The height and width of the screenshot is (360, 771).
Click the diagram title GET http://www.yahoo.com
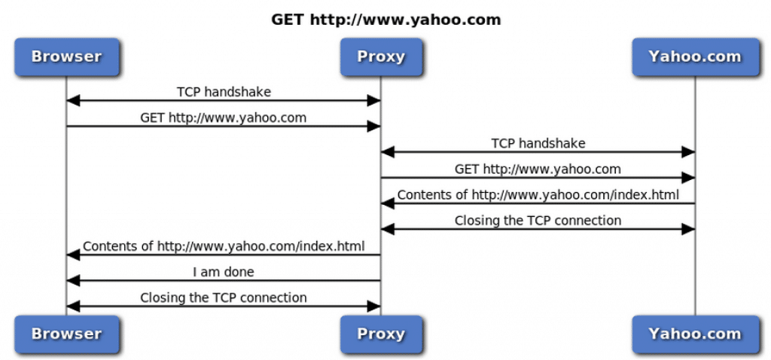click(385, 20)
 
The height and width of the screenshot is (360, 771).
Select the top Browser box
click(66, 56)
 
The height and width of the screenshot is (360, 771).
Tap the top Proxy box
click(381, 56)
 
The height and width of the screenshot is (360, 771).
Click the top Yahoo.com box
click(694, 56)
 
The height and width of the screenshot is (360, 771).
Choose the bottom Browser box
click(66, 334)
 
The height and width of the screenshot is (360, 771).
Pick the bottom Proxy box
click(381, 334)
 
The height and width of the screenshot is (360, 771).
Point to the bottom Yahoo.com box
click(694, 334)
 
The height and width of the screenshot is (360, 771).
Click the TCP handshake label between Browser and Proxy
click(224, 92)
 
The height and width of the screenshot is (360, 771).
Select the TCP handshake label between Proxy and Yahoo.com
click(538, 143)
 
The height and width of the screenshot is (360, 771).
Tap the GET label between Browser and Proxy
click(224, 117)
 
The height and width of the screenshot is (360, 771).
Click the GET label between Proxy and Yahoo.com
click(538, 169)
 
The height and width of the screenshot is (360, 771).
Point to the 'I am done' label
click(224, 272)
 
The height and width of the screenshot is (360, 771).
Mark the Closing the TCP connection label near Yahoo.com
click(538, 221)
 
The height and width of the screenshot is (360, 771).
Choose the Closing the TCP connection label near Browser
click(224, 297)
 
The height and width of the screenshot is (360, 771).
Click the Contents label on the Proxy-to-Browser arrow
click(224, 246)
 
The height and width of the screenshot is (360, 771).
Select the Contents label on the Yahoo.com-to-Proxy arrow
click(538, 195)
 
